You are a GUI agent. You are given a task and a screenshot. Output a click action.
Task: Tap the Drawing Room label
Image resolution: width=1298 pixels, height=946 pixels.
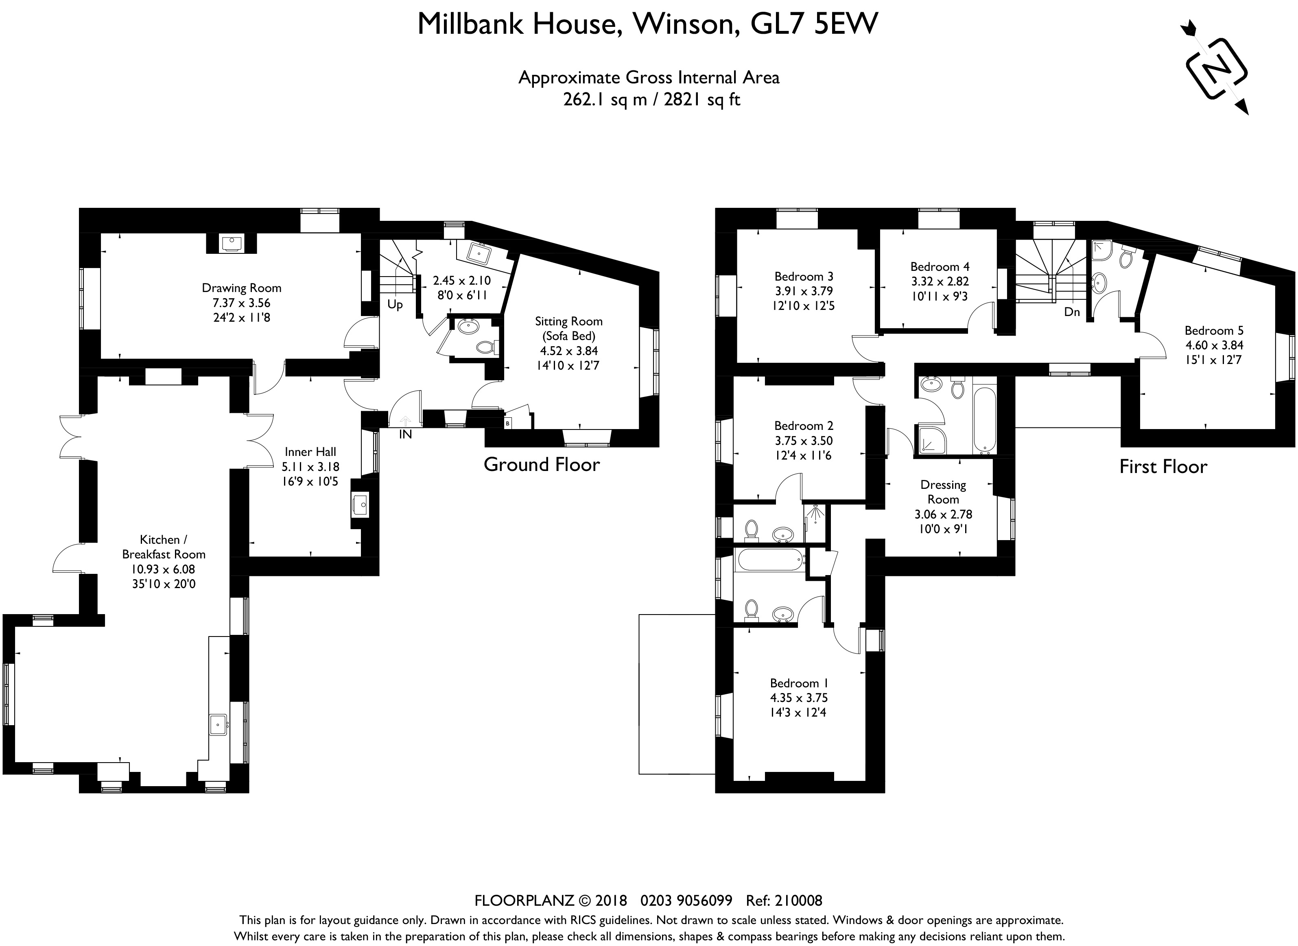pos(241,288)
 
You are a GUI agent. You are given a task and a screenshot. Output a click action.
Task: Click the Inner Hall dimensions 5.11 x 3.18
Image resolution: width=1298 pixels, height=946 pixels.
pos(310,467)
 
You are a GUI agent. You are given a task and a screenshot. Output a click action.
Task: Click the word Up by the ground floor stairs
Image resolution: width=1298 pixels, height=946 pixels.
pos(395,305)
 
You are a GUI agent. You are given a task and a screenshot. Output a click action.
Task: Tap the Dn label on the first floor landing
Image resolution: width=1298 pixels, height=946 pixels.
pos(1072,312)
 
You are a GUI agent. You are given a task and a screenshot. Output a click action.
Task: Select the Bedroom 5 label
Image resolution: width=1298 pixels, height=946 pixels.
pos(1214,330)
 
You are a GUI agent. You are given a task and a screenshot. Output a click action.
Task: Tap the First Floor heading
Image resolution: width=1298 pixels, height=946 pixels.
pos(1163,467)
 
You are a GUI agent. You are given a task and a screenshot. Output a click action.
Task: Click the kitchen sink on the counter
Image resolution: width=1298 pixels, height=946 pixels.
pos(218,724)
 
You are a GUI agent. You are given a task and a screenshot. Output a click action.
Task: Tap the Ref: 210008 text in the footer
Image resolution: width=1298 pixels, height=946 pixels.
pos(784,901)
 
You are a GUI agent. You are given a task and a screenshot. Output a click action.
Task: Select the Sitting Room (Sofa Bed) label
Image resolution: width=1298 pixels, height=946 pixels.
pos(569,329)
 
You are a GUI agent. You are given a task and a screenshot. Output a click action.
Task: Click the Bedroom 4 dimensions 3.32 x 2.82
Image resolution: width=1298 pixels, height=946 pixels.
pos(940,282)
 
